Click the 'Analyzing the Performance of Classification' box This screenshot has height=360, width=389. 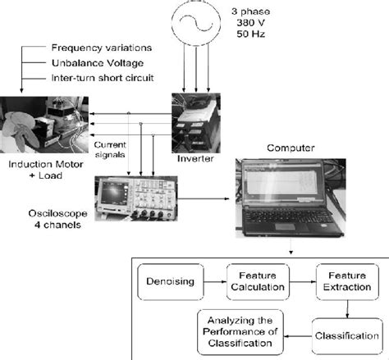tap(240, 330)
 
